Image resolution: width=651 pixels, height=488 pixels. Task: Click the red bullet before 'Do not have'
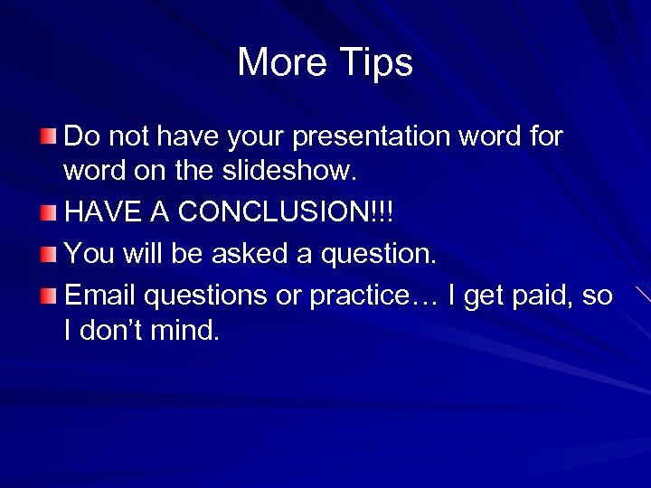(48, 137)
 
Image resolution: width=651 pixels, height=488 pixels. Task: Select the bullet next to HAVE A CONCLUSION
(48, 213)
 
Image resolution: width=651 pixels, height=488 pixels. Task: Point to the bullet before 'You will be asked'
(48, 254)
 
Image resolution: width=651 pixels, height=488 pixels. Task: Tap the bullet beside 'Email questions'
(48, 296)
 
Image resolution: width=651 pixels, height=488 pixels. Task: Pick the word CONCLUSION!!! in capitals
(287, 213)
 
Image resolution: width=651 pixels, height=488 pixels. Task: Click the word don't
(112, 330)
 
